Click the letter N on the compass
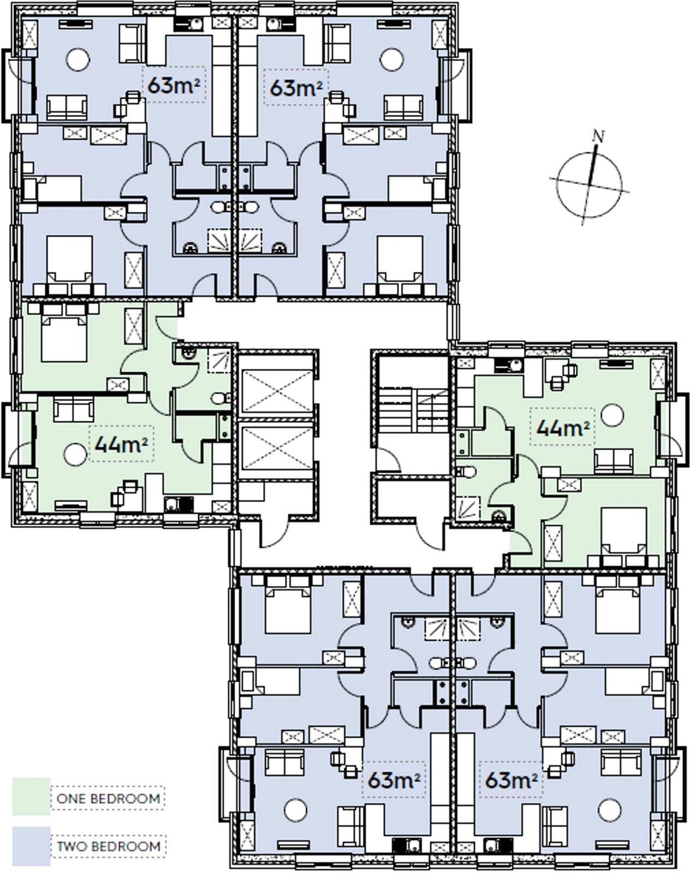[599, 136]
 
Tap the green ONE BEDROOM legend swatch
[31, 797]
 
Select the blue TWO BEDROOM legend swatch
[31, 846]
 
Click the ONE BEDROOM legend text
[108, 799]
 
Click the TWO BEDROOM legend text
[109, 847]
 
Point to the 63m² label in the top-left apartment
[174, 85]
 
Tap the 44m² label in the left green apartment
[121, 444]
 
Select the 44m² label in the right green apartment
[562, 427]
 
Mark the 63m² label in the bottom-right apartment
[511, 780]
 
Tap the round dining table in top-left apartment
[78, 59]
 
